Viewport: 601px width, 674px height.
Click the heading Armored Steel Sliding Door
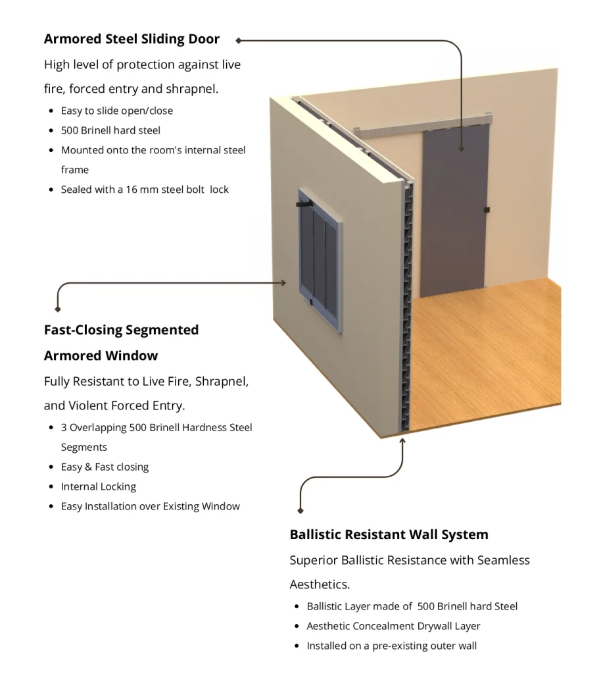coord(132,39)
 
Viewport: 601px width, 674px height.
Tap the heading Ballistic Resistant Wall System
coord(389,534)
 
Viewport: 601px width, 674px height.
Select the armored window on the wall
coord(320,260)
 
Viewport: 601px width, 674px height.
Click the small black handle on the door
coord(487,210)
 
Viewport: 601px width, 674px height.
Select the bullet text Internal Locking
coord(99,486)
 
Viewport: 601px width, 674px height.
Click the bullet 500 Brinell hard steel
coord(110,130)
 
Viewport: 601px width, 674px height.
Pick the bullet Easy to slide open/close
coord(117,111)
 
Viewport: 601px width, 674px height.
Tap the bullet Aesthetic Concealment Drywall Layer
coord(393,626)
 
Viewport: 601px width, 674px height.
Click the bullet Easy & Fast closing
coord(105,467)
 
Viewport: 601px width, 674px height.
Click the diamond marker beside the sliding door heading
coord(238,40)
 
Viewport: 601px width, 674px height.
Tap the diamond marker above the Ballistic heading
coord(300,510)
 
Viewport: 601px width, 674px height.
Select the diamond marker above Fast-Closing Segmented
coord(58,309)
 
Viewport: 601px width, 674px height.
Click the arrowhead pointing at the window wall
coord(283,283)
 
